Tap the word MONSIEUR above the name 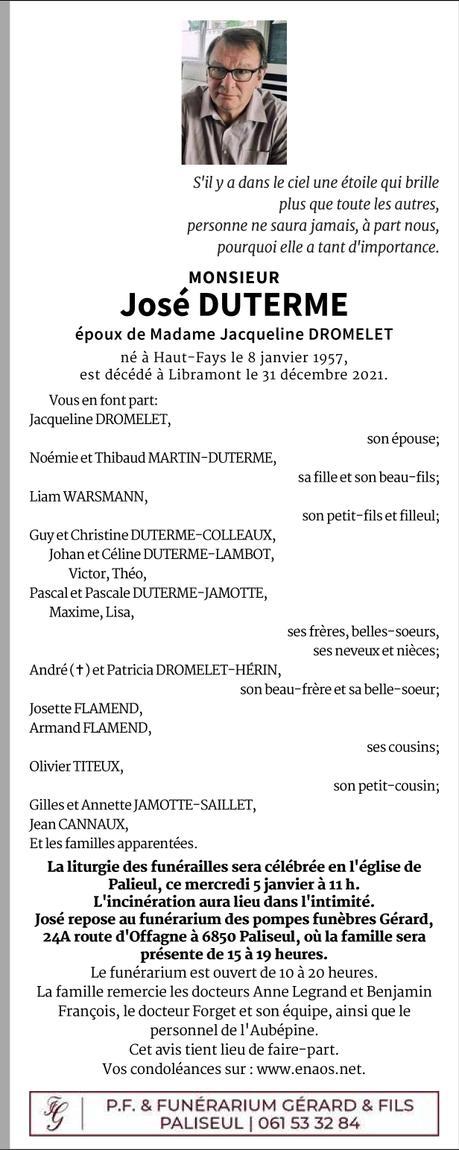click(x=234, y=277)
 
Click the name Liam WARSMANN click(x=88, y=496)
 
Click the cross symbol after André click(x=78, y=670)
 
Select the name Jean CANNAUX click(x=78, y=824)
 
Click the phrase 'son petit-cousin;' click(x=386, y=785)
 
